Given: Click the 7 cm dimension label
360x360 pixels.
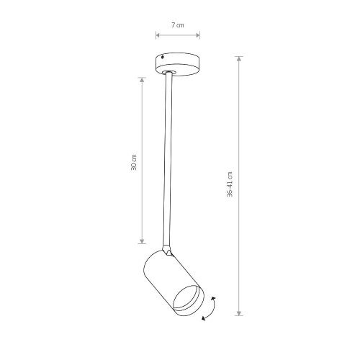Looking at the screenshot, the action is coord(178,25).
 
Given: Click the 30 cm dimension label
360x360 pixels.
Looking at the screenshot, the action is coord(134,162).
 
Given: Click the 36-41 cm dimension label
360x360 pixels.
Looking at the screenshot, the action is coord(230,184).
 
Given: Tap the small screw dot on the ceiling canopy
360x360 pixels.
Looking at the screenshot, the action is coord(163,58).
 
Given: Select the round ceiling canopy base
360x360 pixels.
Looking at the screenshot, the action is coord(178,65).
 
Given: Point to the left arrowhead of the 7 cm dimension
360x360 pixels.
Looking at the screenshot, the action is coord(158,35).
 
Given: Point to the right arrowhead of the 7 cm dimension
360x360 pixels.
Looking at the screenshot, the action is coord(198,35).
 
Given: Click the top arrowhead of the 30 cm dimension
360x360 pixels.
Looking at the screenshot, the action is coord(142,80).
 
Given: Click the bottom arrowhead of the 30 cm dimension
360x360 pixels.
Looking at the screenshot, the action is coord(142,241).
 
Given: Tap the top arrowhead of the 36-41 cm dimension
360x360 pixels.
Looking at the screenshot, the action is coord(239,59).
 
